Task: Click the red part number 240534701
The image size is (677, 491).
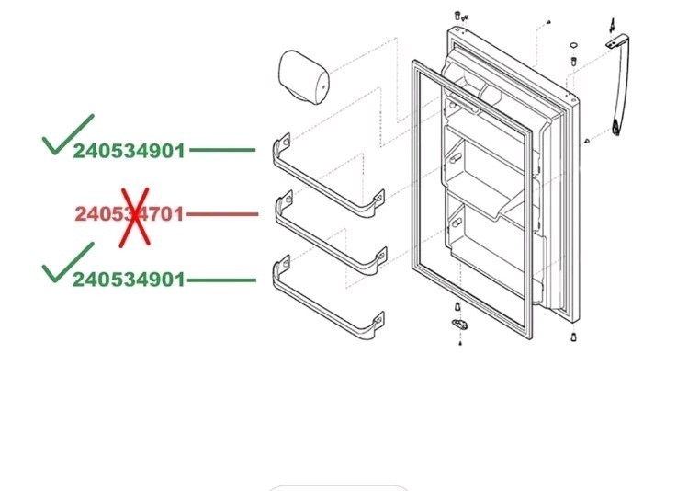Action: tap(129, 214)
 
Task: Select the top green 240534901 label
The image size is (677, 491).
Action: tap(130, 151)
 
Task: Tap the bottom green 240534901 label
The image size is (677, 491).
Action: tap(130, 279)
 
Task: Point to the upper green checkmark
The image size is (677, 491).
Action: tap(66, 134)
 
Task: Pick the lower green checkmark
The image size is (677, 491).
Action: tap(66, 261)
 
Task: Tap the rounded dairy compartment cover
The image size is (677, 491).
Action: tap(305, 75)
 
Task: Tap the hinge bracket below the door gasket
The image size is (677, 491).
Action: tap(457, 324)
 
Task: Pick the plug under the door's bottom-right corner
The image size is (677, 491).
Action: tap(571, 337)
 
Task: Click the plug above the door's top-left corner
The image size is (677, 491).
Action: tap(457, 16)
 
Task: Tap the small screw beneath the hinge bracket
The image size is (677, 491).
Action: tap(457, 345)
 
